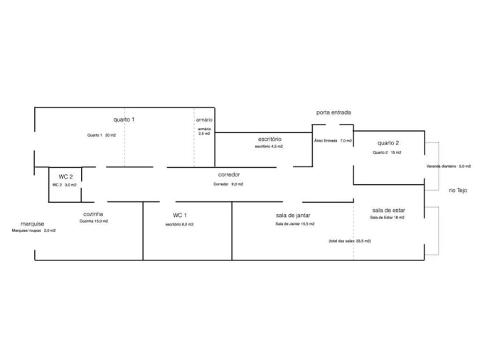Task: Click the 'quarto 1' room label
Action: pyautogui.click(x=124, y=120)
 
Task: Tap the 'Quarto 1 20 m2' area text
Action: pyautogui.click(x=102, y=135)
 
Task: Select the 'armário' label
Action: pyautogui.click(x=203, y=120)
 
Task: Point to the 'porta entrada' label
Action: pyautogui.click(x=334, y=112)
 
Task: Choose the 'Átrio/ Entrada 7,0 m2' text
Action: pyautogui.click(x=333, y=141)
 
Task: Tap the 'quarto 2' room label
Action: pyautogui.click(x=388, y=143)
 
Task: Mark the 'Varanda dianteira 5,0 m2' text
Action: pyautogui.click(x=449, y=166)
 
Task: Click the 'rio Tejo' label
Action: pyautogui.click(x=458, y=190)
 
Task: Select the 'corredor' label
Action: pyautogui.click(x=229, y=174)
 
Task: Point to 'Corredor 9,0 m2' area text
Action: pyautogui.click(x=228, y=184)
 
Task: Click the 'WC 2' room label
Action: pyautogui.click(x=65, y=176)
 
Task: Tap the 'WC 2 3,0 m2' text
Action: pyautogui.click(x=64, y=185)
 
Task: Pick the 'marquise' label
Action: pyautogui.click(x=32, y=223)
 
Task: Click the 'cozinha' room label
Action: pyautogui.click(x=94, y=214)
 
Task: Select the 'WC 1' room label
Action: pyautogui.click(x=180, y=215)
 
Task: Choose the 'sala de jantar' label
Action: pyautogui.click(x=293, y=215)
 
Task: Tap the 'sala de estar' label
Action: pyautogui.click(x=388, y=211)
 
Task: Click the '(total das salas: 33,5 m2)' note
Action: pyautogui.click(x=349, y=241)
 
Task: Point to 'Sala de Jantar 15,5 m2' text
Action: pyautogui.click(x=295, y=225)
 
